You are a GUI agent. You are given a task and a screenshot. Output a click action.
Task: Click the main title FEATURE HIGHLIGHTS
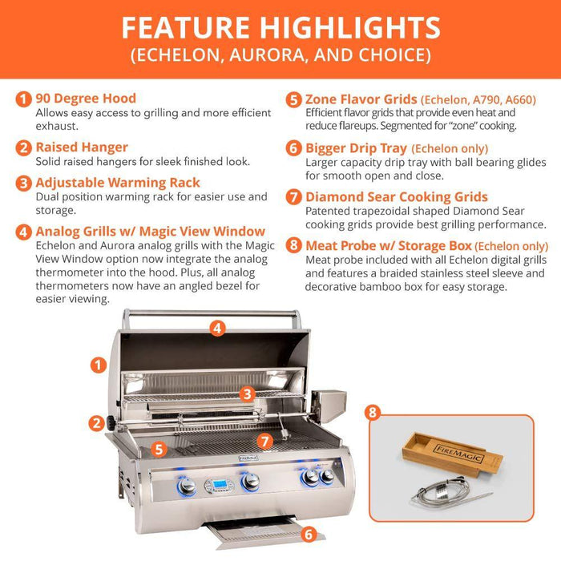pos(280,27)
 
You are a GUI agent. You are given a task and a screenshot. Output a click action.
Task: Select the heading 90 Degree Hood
pos(86,99)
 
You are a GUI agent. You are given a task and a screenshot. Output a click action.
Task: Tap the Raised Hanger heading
pos(82,147)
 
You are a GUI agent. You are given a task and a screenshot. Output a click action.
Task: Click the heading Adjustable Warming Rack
pos(118,183)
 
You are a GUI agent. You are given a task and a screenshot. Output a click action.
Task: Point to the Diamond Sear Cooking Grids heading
pos(397,196)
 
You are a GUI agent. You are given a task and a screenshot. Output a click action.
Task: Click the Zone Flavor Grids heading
pos(361,99)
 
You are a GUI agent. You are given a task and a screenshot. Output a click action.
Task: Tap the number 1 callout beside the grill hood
pos(99,365)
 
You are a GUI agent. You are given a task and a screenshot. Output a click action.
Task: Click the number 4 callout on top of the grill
pos(217,327)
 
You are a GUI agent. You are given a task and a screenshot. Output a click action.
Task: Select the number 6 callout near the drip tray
pos(308,533)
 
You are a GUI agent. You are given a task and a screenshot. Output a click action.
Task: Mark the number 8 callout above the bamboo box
pos(372,413)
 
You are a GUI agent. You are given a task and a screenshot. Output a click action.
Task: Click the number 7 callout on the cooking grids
pos(265,440)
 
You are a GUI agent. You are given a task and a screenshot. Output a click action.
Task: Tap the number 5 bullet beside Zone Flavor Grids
pos(294,99)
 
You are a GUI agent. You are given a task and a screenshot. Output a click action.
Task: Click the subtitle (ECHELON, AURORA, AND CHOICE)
pos(280,56)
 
